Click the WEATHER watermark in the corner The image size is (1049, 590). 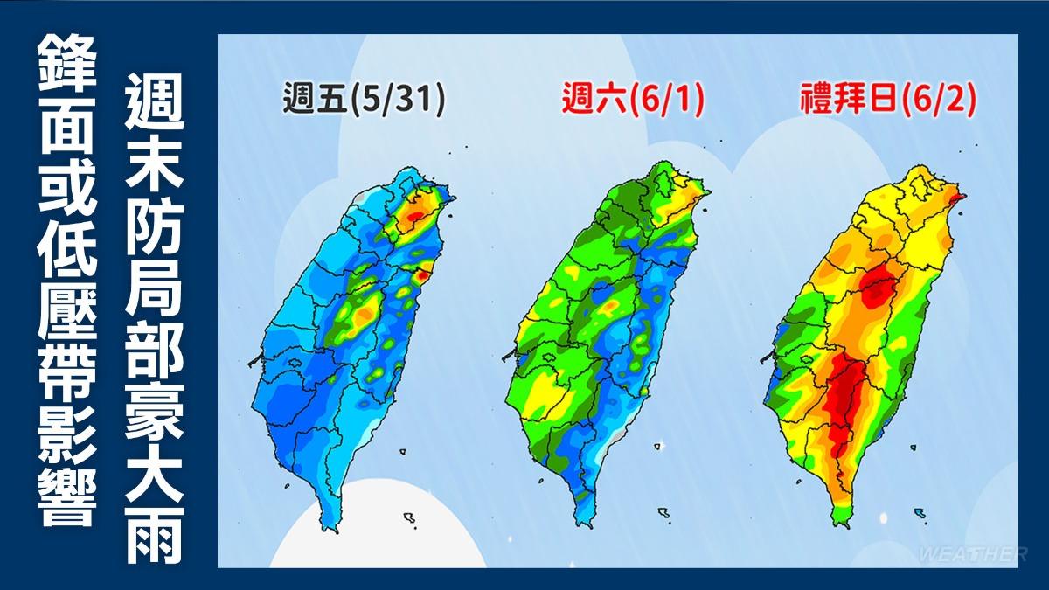[x=972, y=554]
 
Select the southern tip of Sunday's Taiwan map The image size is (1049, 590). [x=840, y=524]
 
